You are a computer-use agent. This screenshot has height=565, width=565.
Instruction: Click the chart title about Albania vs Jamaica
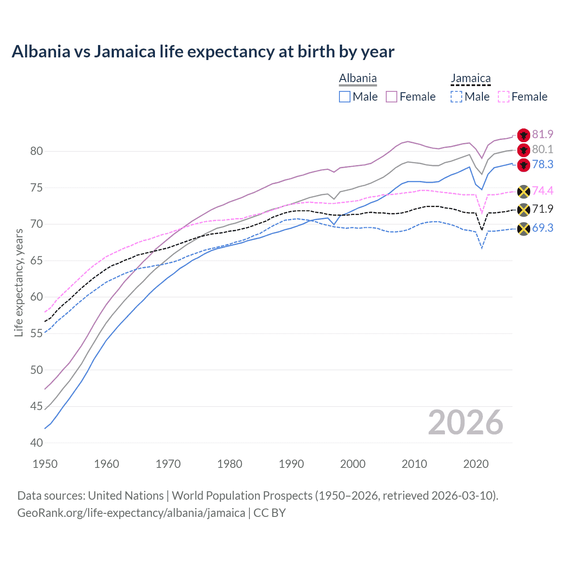[203, 52]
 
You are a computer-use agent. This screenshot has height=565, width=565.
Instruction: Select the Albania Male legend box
[345, 97]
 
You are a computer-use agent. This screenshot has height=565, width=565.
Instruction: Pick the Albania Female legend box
[392, 97]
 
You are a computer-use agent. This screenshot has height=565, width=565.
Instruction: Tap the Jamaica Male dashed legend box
[456, 97]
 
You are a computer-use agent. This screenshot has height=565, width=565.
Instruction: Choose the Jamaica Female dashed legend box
[504, 97]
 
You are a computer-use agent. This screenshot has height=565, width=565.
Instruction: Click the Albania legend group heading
[358, 79]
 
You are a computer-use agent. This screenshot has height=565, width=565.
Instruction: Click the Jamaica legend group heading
[471, 79]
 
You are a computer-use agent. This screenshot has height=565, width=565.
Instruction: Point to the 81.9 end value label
[542, 134]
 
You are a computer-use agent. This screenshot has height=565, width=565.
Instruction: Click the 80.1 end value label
[542, 149]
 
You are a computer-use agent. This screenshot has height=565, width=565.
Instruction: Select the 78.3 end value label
[542, 164]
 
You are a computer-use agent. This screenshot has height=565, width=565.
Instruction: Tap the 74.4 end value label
[542, 191]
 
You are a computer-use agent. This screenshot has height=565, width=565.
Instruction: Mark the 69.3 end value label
[542, 228]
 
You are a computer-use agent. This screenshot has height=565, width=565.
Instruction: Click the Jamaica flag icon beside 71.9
[524, 210]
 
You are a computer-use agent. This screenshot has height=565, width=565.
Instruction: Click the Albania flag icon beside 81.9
[524, 135]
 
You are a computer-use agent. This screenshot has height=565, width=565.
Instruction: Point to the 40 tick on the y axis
[37, 443]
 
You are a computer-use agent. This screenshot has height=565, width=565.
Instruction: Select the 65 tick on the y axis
[37, 260]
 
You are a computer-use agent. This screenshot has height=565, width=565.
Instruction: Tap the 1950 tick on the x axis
[45, 464]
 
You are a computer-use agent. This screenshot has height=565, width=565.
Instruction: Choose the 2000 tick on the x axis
[353, 464]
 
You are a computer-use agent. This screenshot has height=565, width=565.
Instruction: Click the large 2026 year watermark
[465, 422]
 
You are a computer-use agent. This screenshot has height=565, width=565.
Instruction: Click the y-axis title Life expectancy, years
[19, 282]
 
